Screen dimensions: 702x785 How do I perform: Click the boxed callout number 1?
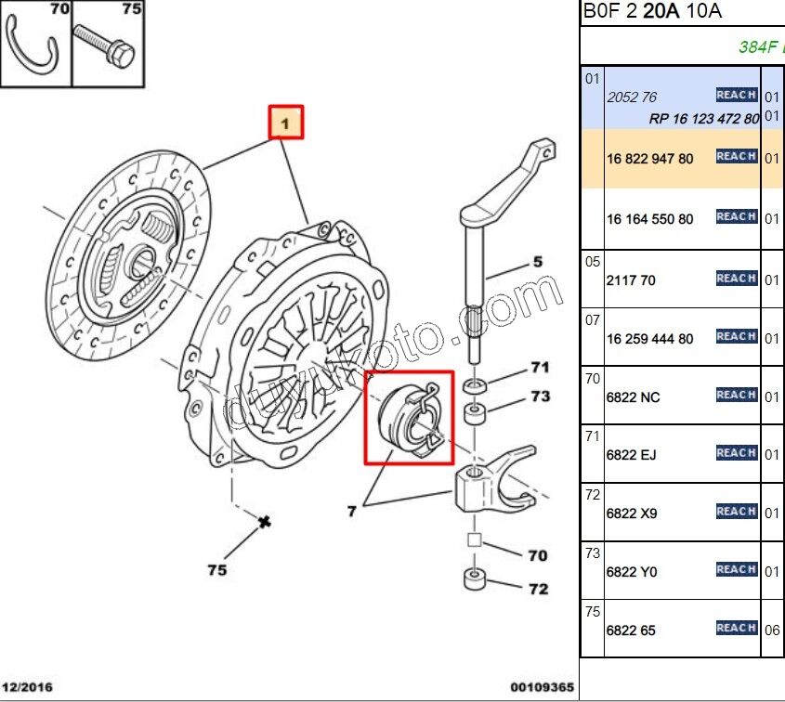coord(287,122)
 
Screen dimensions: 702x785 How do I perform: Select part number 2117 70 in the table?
coord(631,279)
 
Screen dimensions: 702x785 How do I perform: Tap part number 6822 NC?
coord(633,396)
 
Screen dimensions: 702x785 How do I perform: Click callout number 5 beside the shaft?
coord(537,263)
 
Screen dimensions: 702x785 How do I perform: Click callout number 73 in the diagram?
coord(541,396)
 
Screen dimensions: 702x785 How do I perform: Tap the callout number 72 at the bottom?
coord(538,589)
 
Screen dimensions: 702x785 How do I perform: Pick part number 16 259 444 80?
coord(649,338)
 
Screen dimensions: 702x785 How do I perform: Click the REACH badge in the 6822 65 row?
coord(736,628)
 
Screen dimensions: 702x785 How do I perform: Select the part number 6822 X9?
coord(631,513)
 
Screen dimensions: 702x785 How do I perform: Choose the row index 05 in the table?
coord(593,261)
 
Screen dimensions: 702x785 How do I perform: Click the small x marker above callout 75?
coord(265,522)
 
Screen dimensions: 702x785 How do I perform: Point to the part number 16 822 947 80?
coord(649,159)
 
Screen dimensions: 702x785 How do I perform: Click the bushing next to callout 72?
coord(474,581)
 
